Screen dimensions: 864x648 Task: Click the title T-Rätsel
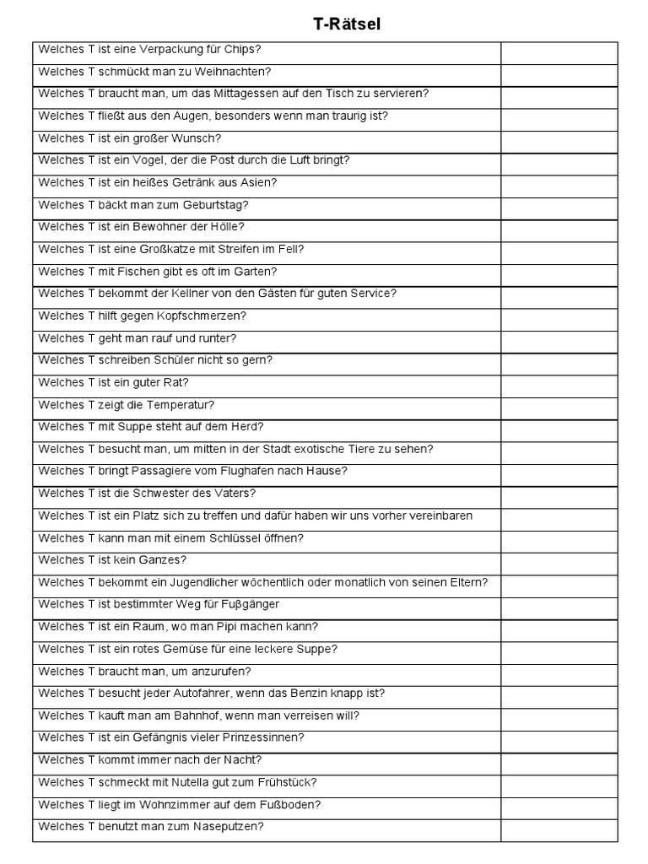click(347, 24)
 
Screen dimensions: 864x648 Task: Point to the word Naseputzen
click(226, 827)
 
